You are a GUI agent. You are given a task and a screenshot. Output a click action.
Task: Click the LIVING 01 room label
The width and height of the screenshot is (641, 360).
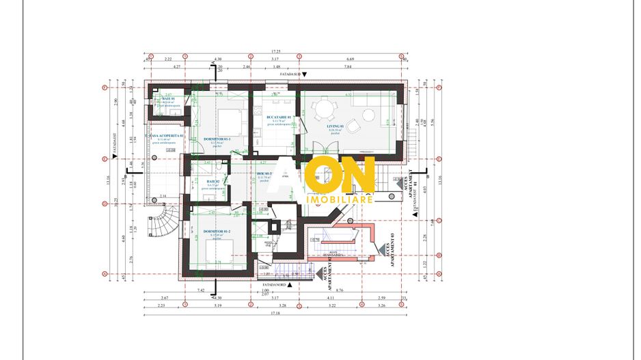[334, 127]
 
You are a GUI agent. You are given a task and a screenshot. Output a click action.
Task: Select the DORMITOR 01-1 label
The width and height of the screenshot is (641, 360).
[217, 139]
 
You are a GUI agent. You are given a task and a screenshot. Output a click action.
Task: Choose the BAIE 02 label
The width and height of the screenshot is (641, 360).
[212, 181]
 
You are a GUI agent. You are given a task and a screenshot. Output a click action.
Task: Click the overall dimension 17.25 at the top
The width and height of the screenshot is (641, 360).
[276, 51]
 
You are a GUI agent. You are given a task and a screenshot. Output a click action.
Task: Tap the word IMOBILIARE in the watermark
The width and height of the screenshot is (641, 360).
[341, 199]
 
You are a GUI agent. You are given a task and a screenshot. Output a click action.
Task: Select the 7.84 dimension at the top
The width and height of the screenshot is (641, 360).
[348, 67]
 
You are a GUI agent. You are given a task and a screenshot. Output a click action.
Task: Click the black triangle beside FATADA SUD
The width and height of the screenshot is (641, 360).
[305, 74]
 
